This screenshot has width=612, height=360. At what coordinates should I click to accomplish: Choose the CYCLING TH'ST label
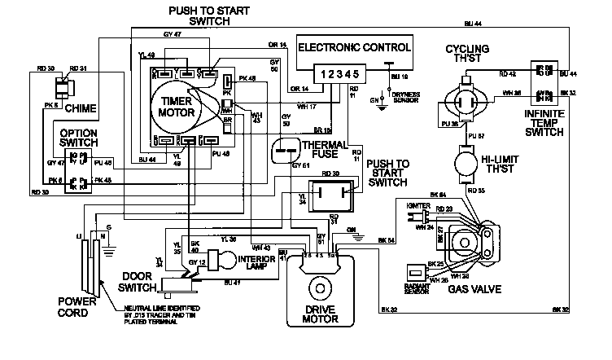(x=467, y=55)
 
